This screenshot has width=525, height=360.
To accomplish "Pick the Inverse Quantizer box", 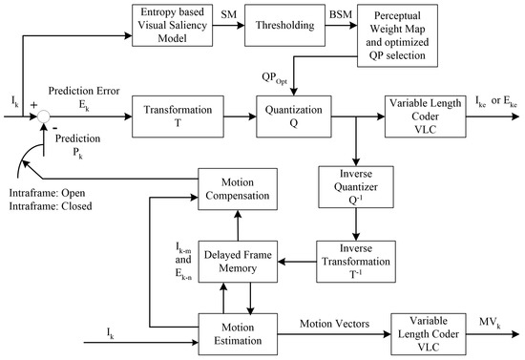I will click(x=354, y=191).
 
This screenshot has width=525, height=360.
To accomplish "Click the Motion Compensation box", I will click(x=238, y=186).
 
